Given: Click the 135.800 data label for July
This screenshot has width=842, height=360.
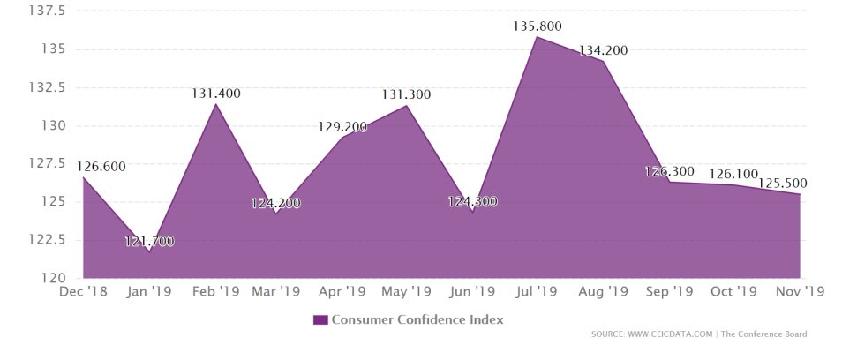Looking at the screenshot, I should [538, 26].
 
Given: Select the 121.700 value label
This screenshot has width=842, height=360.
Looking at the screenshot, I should [149, 241].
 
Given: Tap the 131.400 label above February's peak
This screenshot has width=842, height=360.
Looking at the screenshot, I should [216, 94].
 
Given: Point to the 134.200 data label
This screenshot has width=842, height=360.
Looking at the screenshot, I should [603, 50].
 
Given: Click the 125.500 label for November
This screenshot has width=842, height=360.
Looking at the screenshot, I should [783, 184].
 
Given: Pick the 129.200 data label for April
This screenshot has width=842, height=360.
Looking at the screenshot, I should [342, 127].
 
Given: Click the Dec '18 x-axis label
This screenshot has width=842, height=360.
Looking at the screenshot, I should [83, 291].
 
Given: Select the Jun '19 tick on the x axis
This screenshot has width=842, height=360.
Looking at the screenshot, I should [472, 291].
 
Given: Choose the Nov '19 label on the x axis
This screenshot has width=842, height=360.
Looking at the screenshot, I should [800, 291].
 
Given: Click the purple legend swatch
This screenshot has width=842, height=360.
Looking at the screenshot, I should [320, 319].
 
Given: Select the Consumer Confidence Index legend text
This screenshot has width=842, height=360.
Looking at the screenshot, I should [417, 319].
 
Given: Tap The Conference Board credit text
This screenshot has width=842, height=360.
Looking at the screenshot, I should [764, 334].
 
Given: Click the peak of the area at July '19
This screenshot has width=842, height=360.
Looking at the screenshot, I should [538, 37].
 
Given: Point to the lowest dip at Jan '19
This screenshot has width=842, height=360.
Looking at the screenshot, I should [148, 251].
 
